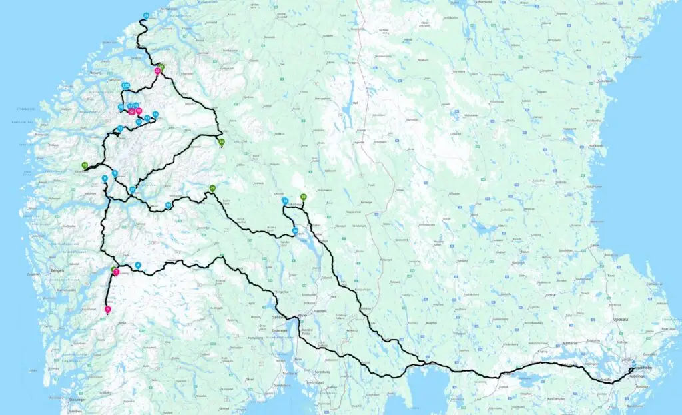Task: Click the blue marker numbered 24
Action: [146, 15]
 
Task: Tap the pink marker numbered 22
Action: [157, 70]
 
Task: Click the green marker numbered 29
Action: [212, 188]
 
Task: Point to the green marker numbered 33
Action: [303, 197]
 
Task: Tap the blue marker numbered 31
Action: [285, 200]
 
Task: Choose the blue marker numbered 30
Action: [295, 230]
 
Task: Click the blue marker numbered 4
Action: [138, 266]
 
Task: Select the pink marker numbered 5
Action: [108, 309]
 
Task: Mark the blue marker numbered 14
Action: [155, 114]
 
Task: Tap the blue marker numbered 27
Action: [133, 190]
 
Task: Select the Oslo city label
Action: [302, 315]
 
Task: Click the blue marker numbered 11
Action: [120, 129]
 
